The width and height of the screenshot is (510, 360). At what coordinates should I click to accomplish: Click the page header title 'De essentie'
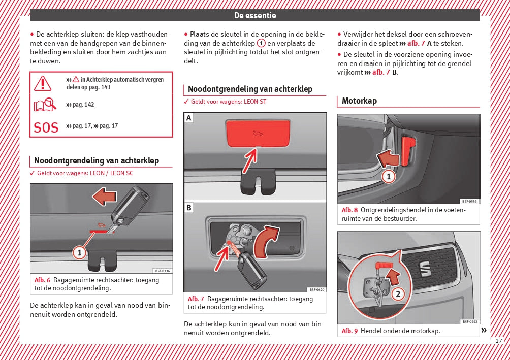[x=255, y=15]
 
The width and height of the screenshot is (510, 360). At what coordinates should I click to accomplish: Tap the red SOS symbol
[x=46, y=127]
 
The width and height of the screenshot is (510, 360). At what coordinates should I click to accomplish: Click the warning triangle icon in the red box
[x=43, y=82]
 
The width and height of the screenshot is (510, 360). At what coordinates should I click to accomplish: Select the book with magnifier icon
[x=44, y=105]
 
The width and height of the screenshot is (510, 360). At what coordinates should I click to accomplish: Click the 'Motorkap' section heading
[x=359, y=101]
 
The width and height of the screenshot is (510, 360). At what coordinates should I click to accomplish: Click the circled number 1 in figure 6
[x=79, y=251]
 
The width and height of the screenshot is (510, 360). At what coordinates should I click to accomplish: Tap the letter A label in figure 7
[x=189, y=118]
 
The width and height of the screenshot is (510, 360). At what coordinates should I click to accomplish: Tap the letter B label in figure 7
[x=189, y=207]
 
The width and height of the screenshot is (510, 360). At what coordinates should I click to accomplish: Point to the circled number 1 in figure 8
[x=389, y=177]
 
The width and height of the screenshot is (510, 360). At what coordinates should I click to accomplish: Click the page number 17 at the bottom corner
[x=499, y=341]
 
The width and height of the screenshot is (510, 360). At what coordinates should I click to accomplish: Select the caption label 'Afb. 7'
[x=196, y=299]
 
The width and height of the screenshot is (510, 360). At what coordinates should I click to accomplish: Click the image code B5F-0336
[x=162, y=271]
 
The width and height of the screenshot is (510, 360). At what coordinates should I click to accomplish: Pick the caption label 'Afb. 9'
[x=349, y=331]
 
